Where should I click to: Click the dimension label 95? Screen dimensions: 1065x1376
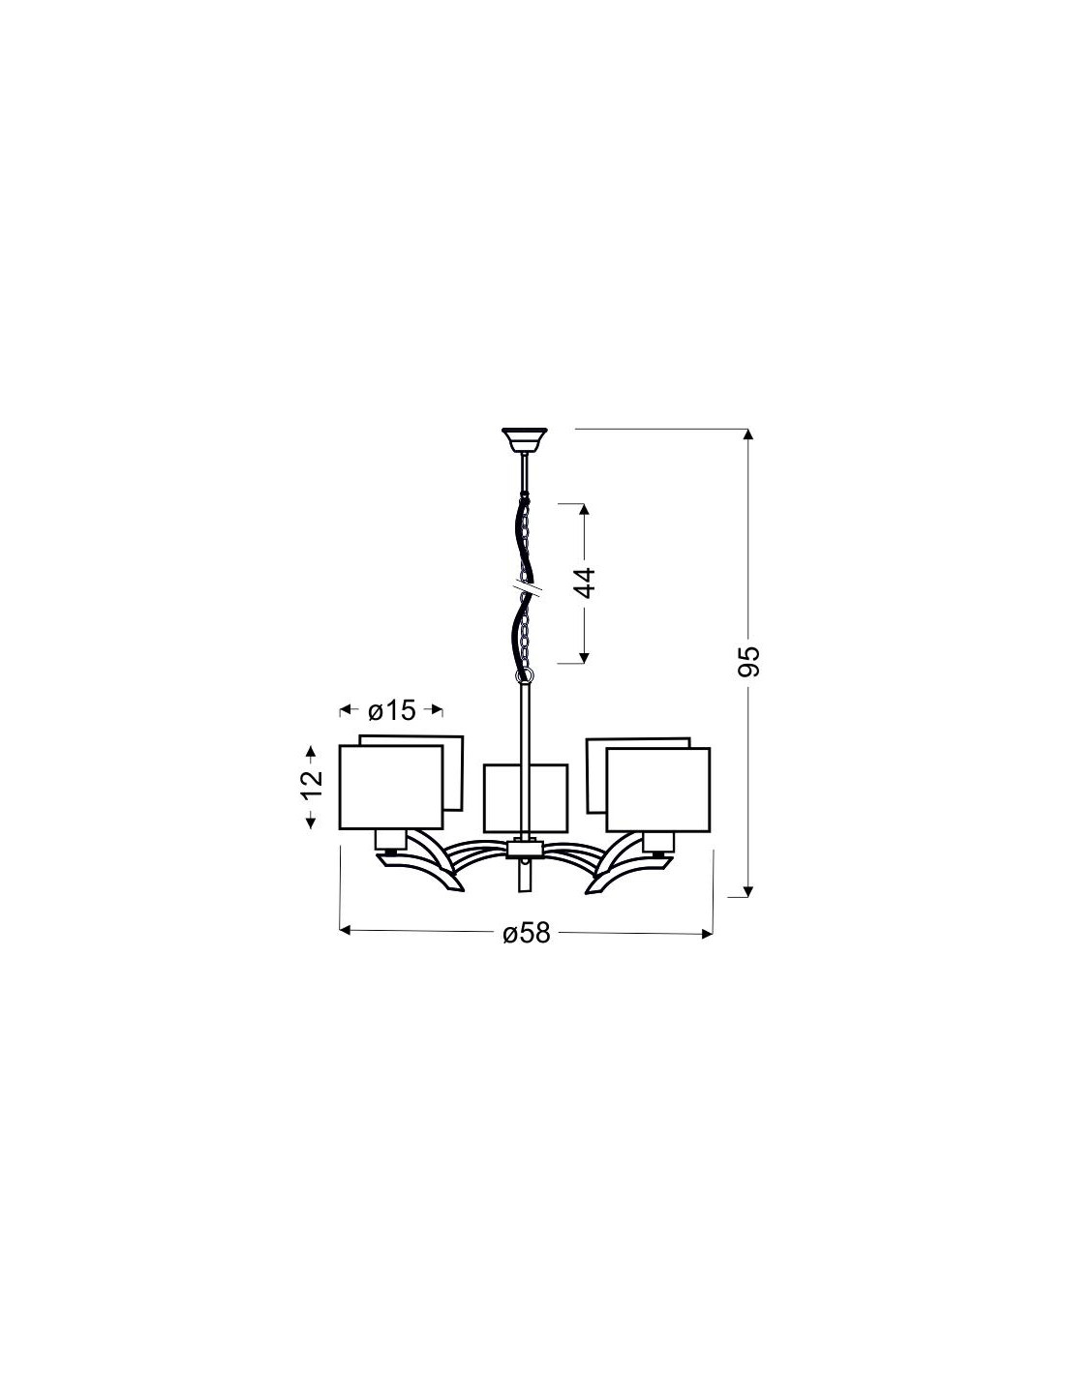[x=748, y=662]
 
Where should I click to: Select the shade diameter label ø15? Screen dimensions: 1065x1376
[x=391, y=710]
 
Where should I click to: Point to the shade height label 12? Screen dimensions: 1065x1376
[x=311, y=786]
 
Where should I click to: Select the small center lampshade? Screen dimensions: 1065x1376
[x=525, y=798]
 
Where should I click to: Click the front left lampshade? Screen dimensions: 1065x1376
[x=391, y=787]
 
